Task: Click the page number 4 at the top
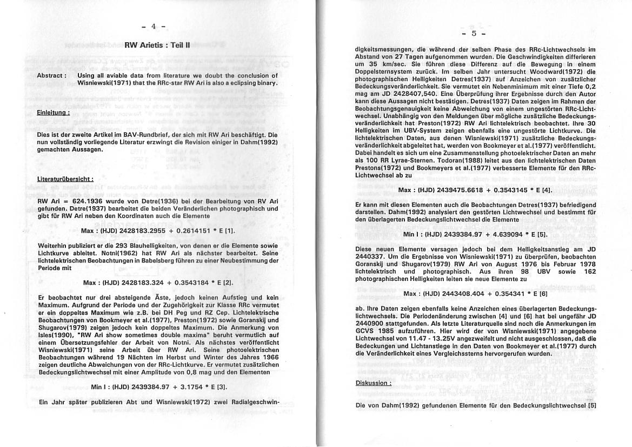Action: coord(153,26)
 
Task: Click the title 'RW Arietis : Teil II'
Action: coord(157,45)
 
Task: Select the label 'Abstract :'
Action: coord(52,76)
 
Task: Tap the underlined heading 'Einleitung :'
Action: coord(53,113)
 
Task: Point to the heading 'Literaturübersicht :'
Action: coord(65,179)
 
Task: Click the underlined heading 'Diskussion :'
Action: coord(373,383)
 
